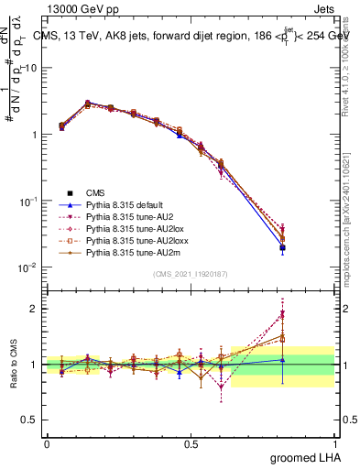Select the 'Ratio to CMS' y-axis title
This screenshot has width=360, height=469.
tap(14, 365)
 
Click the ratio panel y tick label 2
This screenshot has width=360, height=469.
tap(35, 309)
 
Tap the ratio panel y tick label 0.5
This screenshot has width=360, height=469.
tap(30, 420)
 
